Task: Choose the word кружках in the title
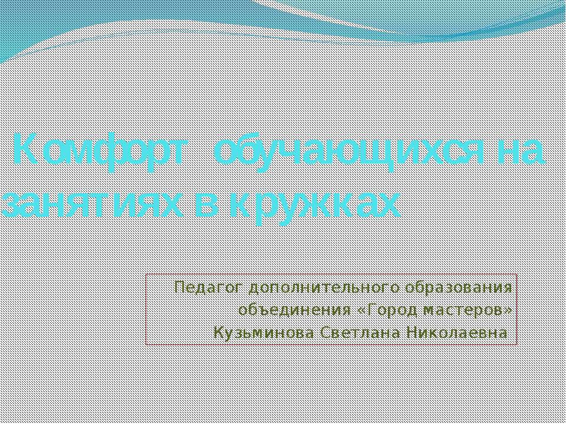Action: (x=312, y=204)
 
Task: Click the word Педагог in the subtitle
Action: (x=208, y=288)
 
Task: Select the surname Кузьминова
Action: (x=265, y=333)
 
